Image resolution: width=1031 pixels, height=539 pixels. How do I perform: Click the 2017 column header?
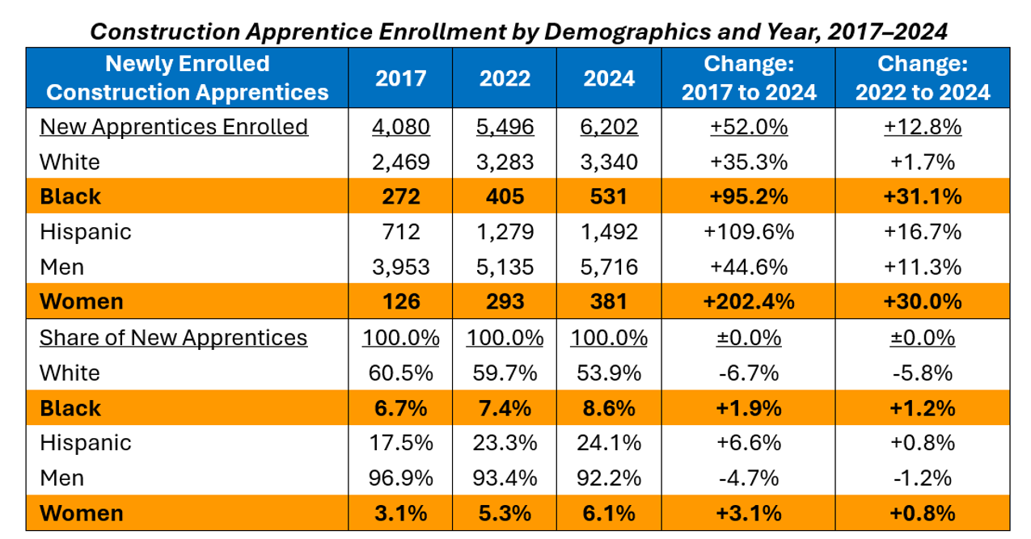point(401,78)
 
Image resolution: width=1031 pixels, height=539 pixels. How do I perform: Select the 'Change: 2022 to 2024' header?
point(923,78)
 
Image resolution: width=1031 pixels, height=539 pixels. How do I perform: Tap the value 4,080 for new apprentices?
point(401,127)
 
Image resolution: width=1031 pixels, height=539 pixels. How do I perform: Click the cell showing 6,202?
point(609,127)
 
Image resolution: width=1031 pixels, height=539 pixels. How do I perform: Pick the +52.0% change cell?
point(749,127)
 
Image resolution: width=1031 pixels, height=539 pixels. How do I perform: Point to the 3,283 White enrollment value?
point(505,162)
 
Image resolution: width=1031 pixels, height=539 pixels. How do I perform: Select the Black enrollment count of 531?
point(609,196)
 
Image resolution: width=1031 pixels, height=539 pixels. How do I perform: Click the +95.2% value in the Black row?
point(749,196)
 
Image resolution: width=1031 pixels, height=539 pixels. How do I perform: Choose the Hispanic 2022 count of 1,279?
point(505,232)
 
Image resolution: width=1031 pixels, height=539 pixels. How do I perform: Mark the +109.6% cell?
point(749,232)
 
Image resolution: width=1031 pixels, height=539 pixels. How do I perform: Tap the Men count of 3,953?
point(401,267)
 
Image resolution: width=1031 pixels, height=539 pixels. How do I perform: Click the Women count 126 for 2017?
point(401,301)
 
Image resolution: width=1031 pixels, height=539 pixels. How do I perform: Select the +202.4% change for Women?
point(749,301)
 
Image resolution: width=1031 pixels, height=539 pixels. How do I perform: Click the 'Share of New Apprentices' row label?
point(173,337)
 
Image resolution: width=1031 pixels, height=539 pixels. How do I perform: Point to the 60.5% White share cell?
point(401,373)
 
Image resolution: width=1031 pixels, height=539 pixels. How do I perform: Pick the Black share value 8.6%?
point(609,408)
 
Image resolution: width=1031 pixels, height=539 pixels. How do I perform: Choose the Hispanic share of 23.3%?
point(505,443)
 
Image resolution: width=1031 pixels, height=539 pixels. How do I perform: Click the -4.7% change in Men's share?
point(749,478)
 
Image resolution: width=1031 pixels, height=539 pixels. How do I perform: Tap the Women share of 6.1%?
point(609,513)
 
